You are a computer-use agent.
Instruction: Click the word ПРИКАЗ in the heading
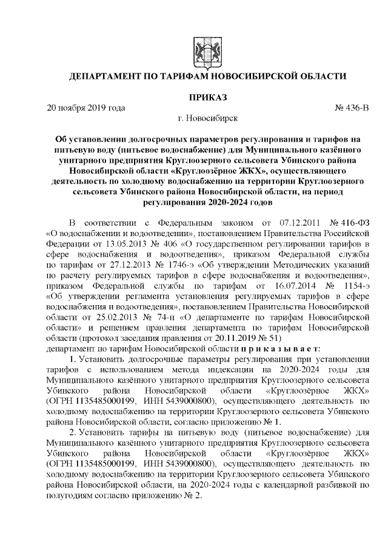[x=207, y=97]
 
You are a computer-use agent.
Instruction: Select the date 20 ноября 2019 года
[x=86, y=108]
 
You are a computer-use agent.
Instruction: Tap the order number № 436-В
[x=351, y=108]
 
